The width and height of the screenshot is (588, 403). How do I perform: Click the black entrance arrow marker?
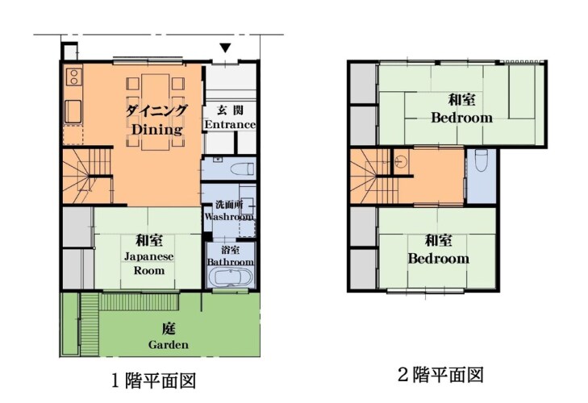(x=225, y=48)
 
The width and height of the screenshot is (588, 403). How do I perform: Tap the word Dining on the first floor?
(x=157, y=129)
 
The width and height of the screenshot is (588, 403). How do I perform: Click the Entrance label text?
(x=230, y=124)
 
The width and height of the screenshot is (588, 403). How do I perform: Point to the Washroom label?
(x=229, y=217)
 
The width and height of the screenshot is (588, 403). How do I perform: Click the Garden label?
(x=169, y=344)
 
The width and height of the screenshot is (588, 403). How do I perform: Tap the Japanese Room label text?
(x=149, y=264)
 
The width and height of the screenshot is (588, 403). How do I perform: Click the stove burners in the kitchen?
(x=73, y=76)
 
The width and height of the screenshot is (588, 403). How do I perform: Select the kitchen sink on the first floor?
(x=73, y=111)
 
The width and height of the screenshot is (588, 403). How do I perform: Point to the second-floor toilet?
(x=481, y=160)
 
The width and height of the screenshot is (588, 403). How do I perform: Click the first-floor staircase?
(x=88, y=176)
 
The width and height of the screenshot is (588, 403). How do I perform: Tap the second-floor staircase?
(x=375, y=176)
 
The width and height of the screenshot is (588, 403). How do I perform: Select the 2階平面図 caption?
(x=440, y=375)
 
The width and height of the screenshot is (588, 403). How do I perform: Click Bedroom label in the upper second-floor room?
(x=461, y=118)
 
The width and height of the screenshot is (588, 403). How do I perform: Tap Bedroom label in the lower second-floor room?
(x=438, y=258)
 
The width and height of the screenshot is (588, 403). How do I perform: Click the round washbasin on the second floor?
(x=401, y=160)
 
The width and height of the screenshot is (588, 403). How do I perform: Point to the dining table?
(x=155, y=112)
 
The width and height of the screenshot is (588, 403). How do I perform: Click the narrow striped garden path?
(x=90, y=324)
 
